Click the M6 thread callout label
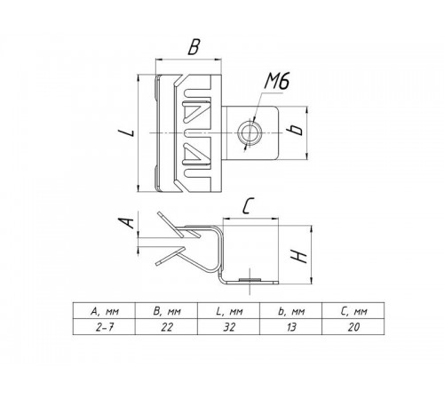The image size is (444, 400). pos(277,81)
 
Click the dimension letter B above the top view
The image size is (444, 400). pos(194,47)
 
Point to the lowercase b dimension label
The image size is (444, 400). pos(296,130)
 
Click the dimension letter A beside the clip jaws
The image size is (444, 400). pos(126,223)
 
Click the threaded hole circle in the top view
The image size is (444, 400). pos(250,133)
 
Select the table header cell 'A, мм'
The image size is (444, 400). pos(104,311)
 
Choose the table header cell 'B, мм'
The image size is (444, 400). pos(166,311)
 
